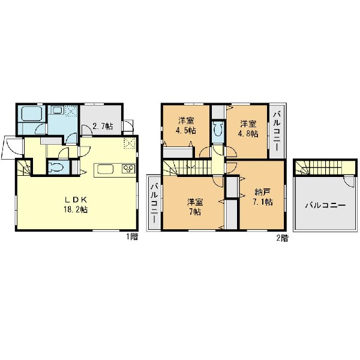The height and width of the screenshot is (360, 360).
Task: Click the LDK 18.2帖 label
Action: click(x=76, y=205)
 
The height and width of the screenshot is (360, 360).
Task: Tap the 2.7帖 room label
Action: click(x=103, y=126)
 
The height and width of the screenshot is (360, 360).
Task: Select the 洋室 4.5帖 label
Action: click(x=186, y=125)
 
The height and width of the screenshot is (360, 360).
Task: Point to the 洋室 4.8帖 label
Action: click(x=248, y=129)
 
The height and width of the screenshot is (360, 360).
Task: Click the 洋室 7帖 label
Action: click(x=194, y=207)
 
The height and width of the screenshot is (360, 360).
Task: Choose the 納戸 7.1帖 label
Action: click(x=262, y=197)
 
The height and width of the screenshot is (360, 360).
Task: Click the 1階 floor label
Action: click(x=132, y=236)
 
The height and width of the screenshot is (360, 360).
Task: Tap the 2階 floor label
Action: click(x=282, y=238)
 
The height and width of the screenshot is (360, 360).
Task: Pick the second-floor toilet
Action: click(x=218, y=129)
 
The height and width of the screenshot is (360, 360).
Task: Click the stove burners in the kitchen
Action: click(x=128, y=169)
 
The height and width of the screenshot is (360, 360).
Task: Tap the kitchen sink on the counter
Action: click(x=106, y=169)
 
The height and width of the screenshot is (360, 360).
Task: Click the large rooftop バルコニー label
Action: click(x=325, y=205)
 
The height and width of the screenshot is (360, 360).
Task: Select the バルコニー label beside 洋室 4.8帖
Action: click(x=277, y=131)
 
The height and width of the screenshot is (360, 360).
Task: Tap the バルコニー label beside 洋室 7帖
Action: click(x=154, y=203)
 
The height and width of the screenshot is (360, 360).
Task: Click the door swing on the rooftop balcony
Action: click(x=350, y=182)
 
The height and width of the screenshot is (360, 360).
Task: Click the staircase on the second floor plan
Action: click(x=188, y=167)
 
